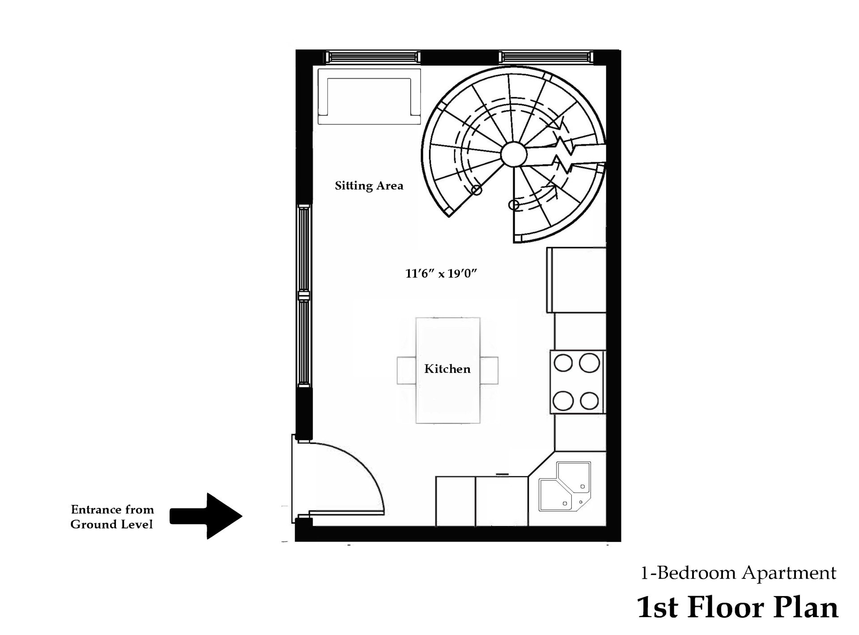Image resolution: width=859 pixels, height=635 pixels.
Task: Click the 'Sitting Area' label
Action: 369,186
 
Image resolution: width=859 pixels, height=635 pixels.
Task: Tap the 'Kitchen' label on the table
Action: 447,369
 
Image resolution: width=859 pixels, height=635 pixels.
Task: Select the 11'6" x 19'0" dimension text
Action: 441,273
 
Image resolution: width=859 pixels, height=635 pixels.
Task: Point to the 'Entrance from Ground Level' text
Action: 112,517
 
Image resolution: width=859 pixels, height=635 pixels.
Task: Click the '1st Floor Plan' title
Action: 737,607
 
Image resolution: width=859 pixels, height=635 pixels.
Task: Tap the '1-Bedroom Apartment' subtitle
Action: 738,573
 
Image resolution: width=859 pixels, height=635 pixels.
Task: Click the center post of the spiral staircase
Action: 514,154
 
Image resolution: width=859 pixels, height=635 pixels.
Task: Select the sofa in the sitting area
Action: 369,96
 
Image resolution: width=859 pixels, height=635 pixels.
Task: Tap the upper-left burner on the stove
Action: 563,363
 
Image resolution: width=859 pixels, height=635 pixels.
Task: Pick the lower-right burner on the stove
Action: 589,401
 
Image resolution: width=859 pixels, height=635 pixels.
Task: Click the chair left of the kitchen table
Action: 406,370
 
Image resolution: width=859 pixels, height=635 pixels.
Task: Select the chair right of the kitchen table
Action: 489,370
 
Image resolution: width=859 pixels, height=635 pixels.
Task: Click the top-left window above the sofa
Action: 372,57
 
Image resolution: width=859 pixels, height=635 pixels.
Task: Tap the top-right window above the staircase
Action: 546,57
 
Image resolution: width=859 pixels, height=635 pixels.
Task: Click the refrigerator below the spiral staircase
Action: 576,280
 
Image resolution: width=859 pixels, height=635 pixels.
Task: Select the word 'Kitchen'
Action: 447,369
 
